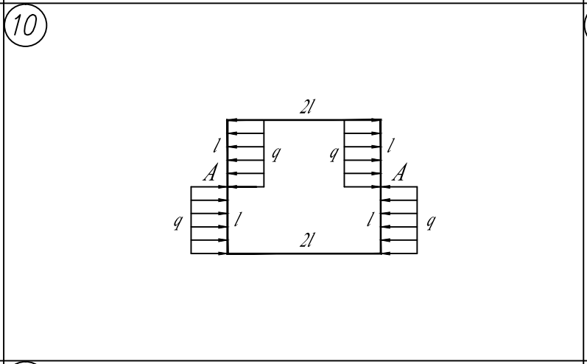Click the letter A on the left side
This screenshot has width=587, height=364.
click(x=212, y=174)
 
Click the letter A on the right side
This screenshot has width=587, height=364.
click(x=400, y=174)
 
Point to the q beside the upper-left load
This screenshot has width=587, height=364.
click(x=275, y=153)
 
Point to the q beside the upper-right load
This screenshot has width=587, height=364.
click(x=334, y=153)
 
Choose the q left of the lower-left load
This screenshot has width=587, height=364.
click(x=177, y=220)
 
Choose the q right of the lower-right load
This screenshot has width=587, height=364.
click(x=432, y=220)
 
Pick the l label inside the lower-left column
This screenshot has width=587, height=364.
click(x=237, y=220)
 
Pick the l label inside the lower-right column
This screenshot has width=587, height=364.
click(x=370, y=220)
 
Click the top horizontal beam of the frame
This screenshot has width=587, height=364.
click(x=304, y=119)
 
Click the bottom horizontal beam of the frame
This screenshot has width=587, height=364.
click(x=304, y=253)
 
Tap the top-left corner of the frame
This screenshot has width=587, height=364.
click(x=228, y=119)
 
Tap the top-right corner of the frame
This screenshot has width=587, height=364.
click(x=381, y=119)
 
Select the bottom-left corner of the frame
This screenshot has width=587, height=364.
click(x=228, y=253)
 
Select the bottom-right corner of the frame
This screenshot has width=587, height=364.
click(x=381, y=253)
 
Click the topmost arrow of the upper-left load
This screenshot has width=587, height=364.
click(x=245, y=133)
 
